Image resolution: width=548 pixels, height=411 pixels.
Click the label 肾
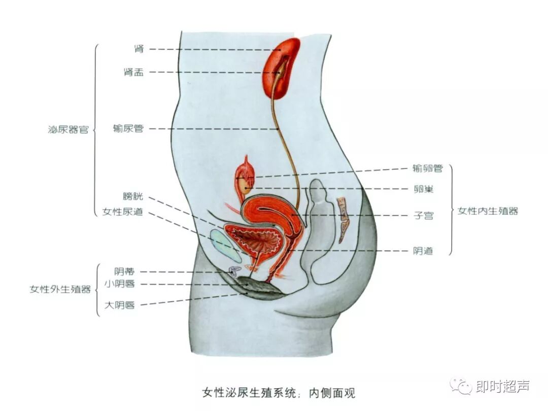click(139, 49)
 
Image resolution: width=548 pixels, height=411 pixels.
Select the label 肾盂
click(133, 72)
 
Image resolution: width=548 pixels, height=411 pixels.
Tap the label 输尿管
click(128, 129)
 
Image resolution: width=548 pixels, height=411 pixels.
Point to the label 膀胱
click(132, 196)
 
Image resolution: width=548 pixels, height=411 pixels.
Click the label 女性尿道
click(122, 212)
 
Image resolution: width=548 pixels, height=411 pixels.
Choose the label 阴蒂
click(124, 272)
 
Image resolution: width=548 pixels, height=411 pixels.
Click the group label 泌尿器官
click(68, 129)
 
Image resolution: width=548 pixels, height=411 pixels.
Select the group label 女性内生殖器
click(488, 211)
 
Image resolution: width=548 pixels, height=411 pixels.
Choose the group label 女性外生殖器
click(60, 290)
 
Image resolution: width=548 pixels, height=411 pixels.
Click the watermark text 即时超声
click(503, 387)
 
